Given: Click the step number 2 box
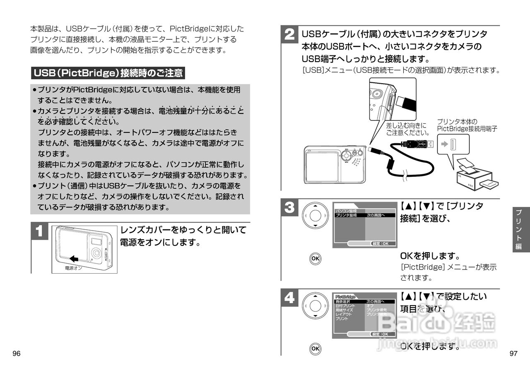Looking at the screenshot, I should [x=289, y=35].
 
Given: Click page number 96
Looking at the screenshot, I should [x=17, y=354].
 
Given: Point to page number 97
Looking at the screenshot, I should [x=513, y=354].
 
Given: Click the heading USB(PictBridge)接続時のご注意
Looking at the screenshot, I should [x=108, y=73].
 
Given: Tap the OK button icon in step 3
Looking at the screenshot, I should [x=315, y=258].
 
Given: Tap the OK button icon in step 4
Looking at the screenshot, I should [x=315, y=349].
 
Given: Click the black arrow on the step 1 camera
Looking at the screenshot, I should [x=74, y=259].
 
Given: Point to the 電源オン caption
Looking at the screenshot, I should [x=74, y=268].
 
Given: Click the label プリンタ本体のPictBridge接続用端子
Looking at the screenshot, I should [x=467, y=125].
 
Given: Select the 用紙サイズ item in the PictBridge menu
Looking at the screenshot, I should [x=344, y=310].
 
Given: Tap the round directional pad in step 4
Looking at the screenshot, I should [x=315, y=306].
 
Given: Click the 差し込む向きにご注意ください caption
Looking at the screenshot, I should [x=406, y=129].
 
